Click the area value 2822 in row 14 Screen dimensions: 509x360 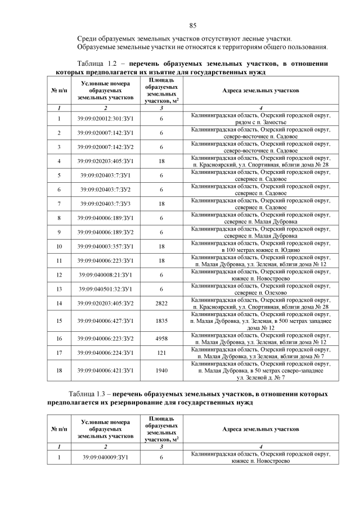[161, 304]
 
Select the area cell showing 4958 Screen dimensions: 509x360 [161, 339]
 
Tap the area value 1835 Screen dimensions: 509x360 [161, 321]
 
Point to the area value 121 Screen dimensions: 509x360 [161, 353]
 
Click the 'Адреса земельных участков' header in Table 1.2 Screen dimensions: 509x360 [260, 90]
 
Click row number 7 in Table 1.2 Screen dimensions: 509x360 [59, 202]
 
